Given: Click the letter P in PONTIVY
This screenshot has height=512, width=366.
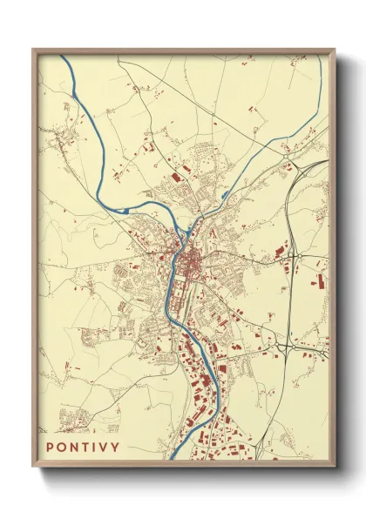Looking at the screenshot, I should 50,447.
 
